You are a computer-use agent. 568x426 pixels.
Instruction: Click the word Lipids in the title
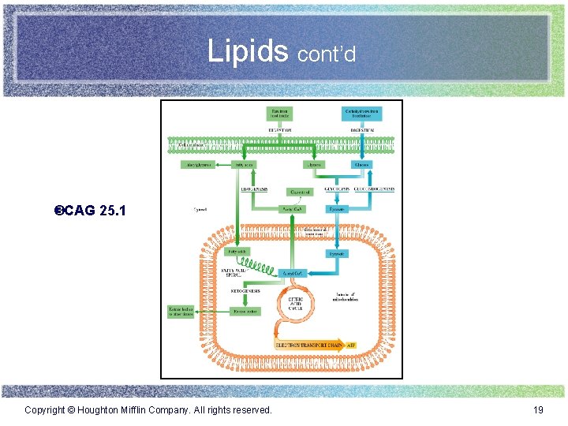248,51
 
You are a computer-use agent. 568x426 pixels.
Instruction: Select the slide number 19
538,410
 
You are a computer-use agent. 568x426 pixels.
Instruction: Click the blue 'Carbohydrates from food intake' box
362,114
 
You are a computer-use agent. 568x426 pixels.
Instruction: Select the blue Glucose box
361,165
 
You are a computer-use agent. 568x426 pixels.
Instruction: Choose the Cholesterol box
299,192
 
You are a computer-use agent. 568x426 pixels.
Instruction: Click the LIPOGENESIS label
254,189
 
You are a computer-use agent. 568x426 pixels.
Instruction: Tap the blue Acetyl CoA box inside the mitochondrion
293,273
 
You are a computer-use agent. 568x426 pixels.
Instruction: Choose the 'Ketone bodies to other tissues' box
181,312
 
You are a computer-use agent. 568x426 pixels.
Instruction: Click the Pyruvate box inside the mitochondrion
338,253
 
